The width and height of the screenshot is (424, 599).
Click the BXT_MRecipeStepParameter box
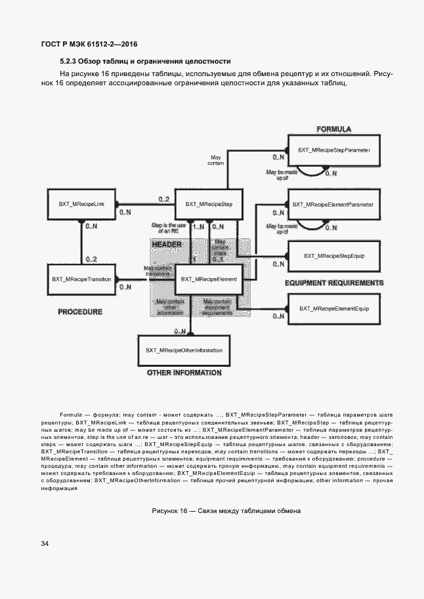pos(334,150)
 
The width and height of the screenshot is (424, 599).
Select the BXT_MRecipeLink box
pos(81,205)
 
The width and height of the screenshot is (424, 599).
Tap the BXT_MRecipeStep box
pos(209,205)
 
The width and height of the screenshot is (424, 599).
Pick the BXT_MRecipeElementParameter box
pos(333,205)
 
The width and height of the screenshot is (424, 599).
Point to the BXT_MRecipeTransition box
pos(81,279)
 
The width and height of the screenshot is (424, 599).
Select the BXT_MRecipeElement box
pos(209,279)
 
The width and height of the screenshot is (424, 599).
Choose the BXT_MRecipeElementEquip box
pos(333,308)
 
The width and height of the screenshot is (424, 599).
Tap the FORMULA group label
pos(333,129)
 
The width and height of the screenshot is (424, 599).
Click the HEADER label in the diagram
pos(166,244)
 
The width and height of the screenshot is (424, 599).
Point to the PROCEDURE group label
pos(80,312)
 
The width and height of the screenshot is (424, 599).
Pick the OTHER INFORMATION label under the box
pos(184,373)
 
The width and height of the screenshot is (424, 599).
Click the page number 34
pos(45,544)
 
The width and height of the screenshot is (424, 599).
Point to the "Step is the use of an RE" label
pos(168,227)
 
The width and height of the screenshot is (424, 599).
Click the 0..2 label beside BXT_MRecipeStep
pos(163,199)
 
